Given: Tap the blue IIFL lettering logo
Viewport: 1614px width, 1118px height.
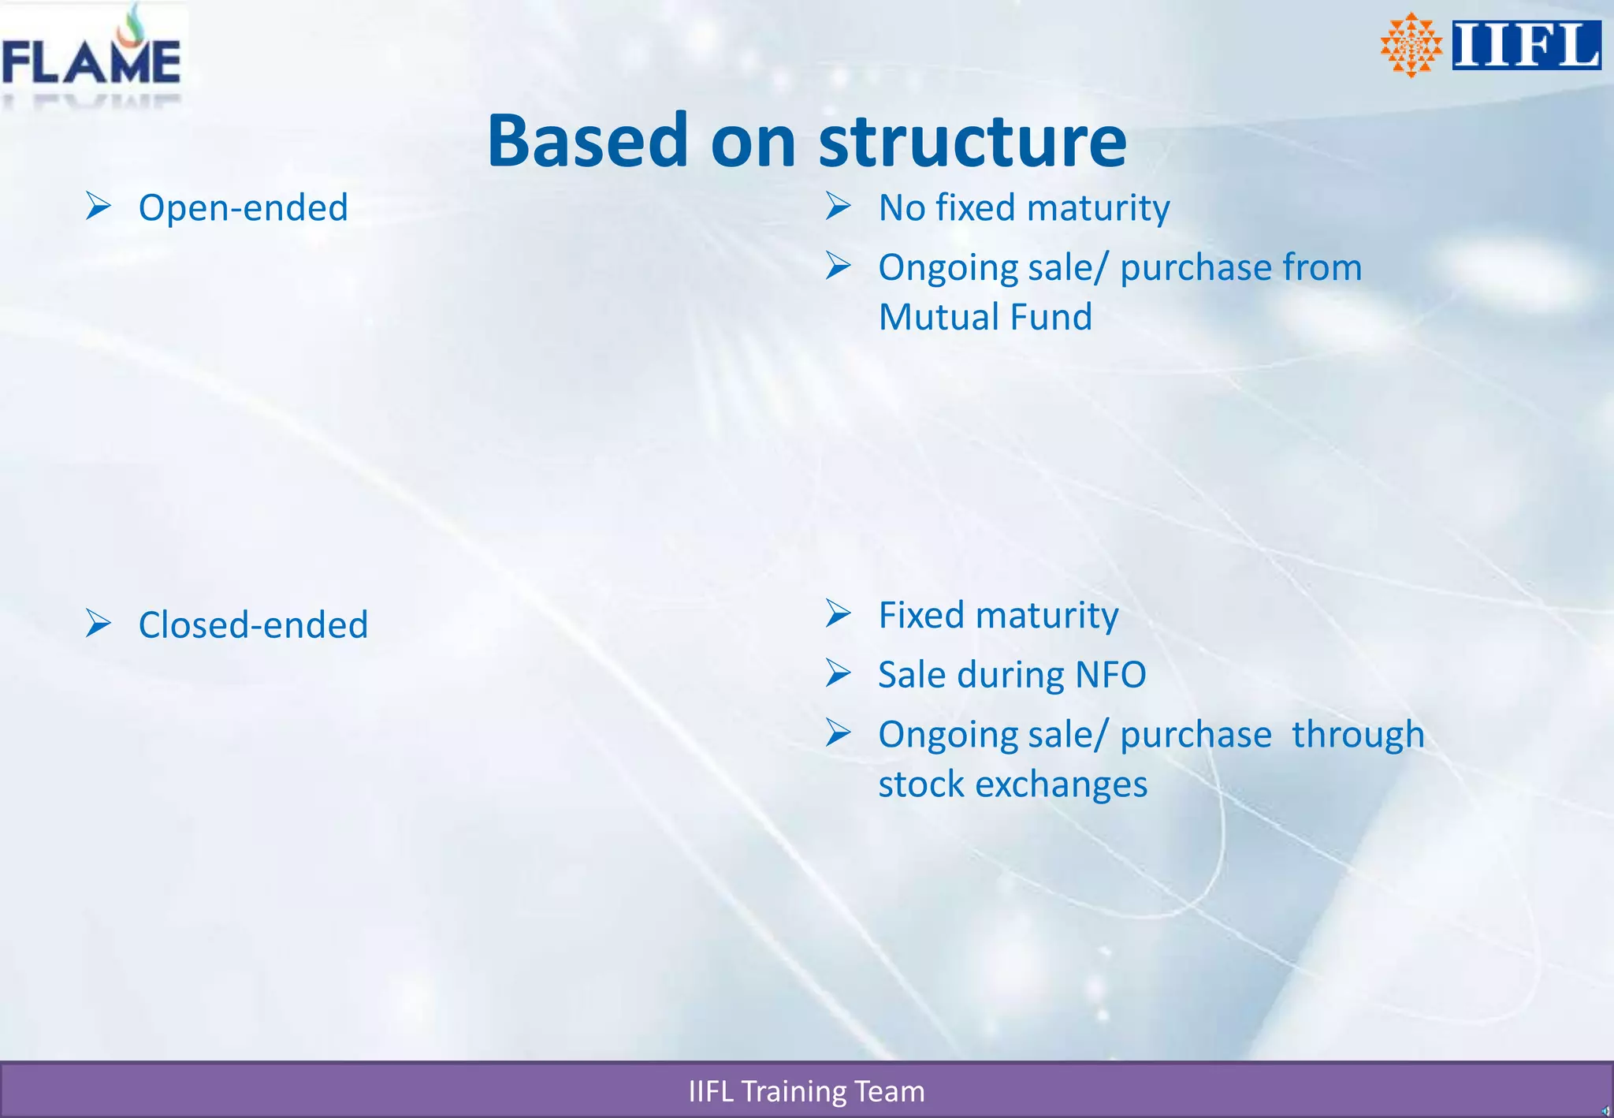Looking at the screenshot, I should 1526,45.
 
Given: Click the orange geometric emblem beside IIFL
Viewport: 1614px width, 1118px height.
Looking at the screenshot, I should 1411,45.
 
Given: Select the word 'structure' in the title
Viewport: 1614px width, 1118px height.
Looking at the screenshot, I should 972,142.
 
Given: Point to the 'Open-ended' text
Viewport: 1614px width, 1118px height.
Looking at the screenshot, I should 243,208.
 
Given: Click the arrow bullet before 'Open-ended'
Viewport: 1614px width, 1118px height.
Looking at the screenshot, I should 99,206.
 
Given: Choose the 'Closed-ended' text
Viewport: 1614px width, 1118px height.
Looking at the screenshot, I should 253,625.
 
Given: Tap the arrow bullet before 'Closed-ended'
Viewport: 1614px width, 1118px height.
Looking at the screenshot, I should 99,623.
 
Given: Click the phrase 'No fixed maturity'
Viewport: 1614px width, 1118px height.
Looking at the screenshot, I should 1024,208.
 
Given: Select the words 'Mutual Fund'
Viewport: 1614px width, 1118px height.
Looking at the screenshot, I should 985,317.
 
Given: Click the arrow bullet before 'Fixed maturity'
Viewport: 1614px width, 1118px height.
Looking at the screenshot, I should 839,613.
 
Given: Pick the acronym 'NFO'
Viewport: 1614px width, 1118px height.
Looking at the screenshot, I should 1110,675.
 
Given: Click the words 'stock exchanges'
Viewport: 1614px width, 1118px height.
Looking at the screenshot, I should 1013,784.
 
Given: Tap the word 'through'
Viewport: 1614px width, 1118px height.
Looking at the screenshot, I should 1358,735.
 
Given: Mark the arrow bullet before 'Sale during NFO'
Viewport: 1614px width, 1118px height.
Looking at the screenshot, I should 839,673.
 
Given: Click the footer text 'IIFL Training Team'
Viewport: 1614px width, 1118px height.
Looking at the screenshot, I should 806,1091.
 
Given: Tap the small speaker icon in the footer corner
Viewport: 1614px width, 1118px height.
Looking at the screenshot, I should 1605,1111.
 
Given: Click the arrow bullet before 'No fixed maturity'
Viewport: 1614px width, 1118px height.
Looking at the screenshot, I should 839,206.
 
